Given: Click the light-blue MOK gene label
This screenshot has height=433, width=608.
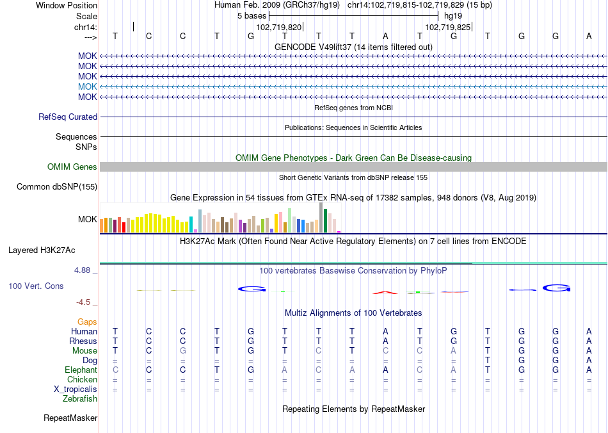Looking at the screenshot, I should [88, 86].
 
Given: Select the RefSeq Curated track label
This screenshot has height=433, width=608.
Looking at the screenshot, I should [68, 117].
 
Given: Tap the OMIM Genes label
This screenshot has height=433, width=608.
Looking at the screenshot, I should [72, 167].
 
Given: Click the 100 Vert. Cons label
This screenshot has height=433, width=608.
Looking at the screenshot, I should [36, 286].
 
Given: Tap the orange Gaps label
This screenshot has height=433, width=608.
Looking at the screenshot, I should [87, 322].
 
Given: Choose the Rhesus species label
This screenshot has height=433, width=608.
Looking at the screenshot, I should [83, 341].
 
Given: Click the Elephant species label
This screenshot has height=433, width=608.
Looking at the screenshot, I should [81, 370].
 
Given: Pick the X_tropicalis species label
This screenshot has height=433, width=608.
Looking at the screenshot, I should [76, 389].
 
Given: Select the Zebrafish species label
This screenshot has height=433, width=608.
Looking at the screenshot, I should [80, 399].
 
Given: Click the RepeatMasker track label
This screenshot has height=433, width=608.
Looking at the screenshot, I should [70, 418].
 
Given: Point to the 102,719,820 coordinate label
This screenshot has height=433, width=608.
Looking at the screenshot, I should [278, 28].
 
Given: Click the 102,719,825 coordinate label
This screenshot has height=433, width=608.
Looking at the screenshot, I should [447, 28].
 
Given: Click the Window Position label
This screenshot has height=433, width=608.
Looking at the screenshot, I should [67, 5].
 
